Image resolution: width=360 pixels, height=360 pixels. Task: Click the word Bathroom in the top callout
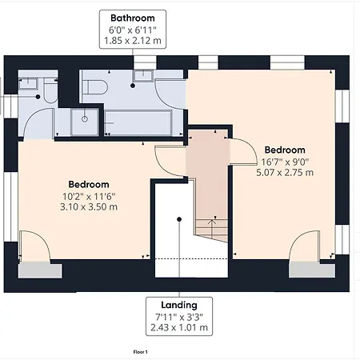pos(132,17)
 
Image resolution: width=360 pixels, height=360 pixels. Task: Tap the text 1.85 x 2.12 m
pos(132,40)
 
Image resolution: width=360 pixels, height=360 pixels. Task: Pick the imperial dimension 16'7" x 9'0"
pos(284,161)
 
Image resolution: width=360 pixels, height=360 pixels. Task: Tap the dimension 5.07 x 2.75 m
pos(284,172)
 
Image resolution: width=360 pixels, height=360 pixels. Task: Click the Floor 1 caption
pos(141,351)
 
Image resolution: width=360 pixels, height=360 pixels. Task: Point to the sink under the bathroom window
pos(145,76)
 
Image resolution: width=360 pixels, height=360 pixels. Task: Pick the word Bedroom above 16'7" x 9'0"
pos(285,150)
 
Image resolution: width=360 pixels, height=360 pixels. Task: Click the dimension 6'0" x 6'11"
pos(132,29)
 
